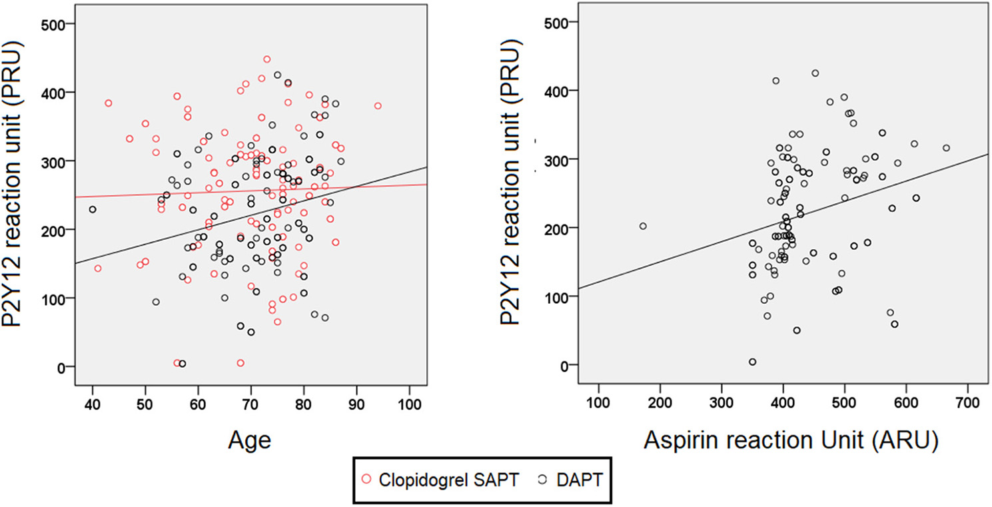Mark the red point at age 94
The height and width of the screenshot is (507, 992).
pos(378,106)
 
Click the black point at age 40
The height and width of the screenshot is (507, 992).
pos(93,209)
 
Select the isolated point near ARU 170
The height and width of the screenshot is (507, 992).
pos(643,226)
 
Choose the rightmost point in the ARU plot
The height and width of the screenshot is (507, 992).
pos(946,148)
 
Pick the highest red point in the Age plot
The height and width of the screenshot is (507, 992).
pos(267,59)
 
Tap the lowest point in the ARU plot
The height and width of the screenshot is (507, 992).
pos(752,362)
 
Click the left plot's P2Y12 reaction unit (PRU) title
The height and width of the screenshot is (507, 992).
pos(19,193)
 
